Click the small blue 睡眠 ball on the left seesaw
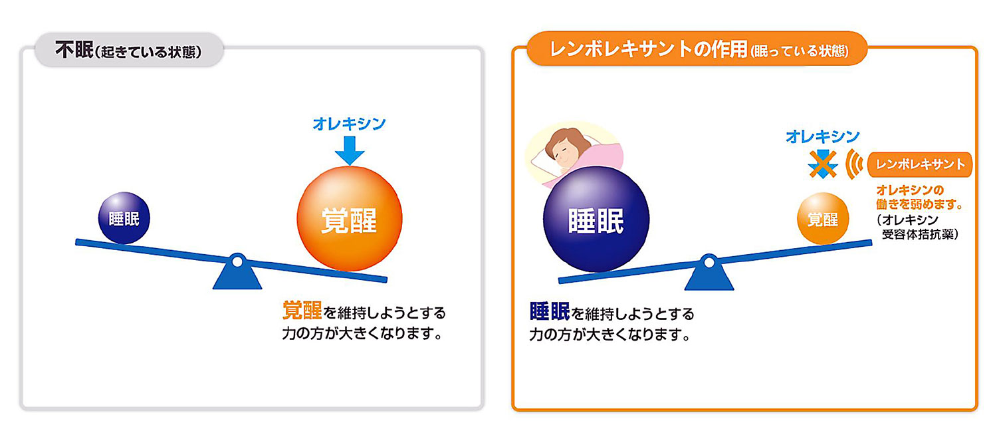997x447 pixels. click(x=124, y=218)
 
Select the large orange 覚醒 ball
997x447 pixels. click(x=350, y=219)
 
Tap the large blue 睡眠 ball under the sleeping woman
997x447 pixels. click(x=596, y=219)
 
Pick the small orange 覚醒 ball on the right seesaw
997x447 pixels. click(x=823, y=218)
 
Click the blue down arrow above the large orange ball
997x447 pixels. click(x=350, y=150)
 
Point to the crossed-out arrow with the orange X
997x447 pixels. click(x=823, y=164)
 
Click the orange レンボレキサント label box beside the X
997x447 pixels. click(x=920, y=165)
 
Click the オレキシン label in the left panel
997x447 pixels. click(x=350, y=124)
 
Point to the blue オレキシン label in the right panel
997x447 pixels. click(x=823, y=136)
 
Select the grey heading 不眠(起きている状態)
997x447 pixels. click(x=129, y=50)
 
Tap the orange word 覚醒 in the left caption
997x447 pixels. click(x=302, y=311)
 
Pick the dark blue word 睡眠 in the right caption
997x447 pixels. click(x=550, y=311)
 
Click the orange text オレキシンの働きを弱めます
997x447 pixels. click(x=919, y=198)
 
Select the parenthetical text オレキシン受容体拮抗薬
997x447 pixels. click(x=918, y=227)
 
